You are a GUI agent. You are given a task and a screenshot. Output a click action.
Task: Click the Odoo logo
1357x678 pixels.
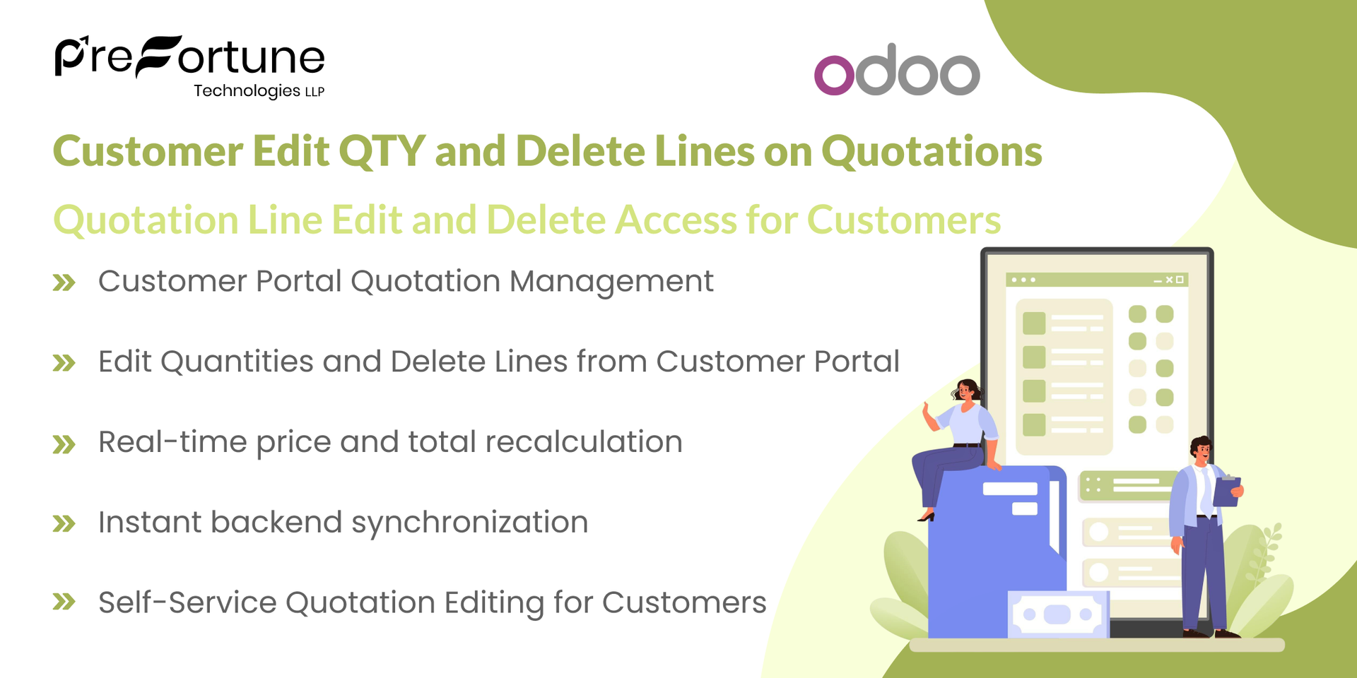click(x=897, y=70)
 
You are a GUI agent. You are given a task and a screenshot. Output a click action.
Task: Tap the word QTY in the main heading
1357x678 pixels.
click(x=382, y=151)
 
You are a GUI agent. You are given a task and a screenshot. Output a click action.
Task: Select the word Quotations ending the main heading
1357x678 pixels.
click(x=932, y=151)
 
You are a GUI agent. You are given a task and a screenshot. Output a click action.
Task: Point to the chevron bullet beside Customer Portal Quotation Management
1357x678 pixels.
click(x=64, y=283)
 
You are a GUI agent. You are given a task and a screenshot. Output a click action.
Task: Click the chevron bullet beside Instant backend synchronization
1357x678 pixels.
click(x=64, y=524)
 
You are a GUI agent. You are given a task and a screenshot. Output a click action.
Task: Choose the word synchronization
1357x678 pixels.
click(x=469, y=523)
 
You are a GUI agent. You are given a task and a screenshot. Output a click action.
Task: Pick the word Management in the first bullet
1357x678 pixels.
click(x=611, y=282)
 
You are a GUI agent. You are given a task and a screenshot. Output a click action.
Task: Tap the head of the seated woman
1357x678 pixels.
click(x=966, y=391)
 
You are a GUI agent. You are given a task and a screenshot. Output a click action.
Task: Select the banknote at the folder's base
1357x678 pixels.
click(x=1057, y=614)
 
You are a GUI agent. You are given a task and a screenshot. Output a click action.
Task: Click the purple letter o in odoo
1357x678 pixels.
click(x=834, y=75)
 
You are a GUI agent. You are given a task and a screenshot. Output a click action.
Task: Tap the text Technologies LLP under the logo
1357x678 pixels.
click(x=259, y=91)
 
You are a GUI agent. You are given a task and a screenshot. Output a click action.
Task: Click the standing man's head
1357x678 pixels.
click(x=1201, y=449)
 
